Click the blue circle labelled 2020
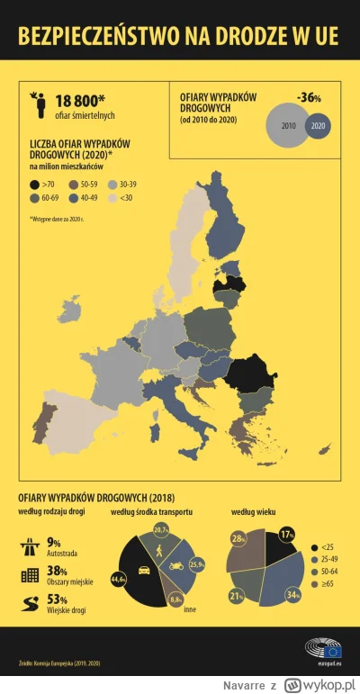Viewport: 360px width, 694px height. click(x=318, y=126)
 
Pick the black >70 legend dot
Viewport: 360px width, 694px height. click(x=34, y=183)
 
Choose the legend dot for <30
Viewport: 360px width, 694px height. click(x=112, y=197)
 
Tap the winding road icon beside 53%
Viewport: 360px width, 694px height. click(x=28, y=600)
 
